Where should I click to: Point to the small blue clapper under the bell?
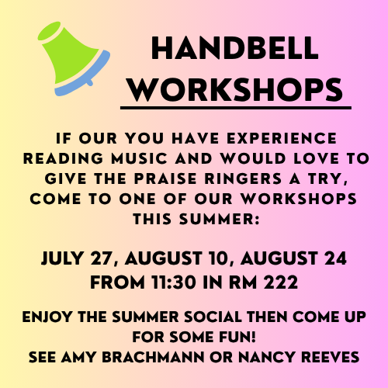click(89, 83)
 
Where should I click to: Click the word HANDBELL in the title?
click(234, 48)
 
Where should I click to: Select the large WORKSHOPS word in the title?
click(235, 90)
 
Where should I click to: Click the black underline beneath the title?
click(236, 108)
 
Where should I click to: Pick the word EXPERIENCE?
click(282, 138)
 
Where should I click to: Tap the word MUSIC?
click(140, 158)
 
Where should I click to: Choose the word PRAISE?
click(165, 178)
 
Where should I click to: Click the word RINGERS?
click(243, 178)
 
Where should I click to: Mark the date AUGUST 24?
click(293, 258)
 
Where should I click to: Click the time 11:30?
click(174, 282)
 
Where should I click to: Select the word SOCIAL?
click(213, 317)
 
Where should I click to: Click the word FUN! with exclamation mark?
click(237, 337)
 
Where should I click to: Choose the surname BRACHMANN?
click(153, 357)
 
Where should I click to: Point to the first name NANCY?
click(267, 357)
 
